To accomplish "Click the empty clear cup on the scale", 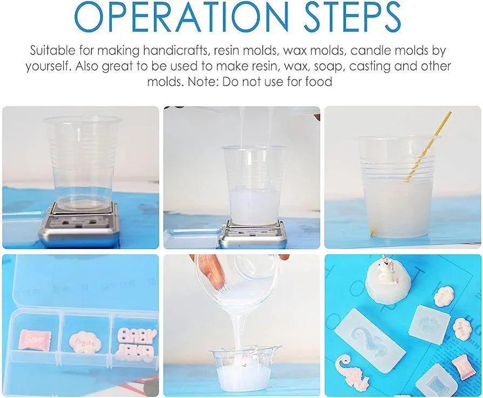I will pyautogui.click(x=83, y=162).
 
